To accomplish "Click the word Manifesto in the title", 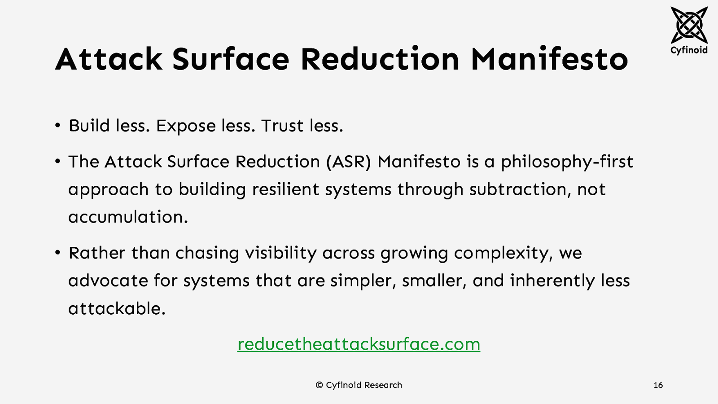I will [549, 59].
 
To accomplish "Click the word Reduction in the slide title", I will [380, 59].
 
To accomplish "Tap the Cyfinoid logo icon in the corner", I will [689, 25].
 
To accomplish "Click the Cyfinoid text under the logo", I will [689, 50].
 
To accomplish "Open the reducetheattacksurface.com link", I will [359, 344].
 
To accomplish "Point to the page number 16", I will [658, 385].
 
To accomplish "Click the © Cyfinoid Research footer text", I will [359, 385].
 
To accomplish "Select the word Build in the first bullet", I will [89, 126].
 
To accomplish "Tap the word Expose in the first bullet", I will [185, 126].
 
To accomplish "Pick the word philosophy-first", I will [567, 162].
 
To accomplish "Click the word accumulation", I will [128, 217].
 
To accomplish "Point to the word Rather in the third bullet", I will [96, 253].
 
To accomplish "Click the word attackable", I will [117, 308].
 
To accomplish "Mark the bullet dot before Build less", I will [57, 126].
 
